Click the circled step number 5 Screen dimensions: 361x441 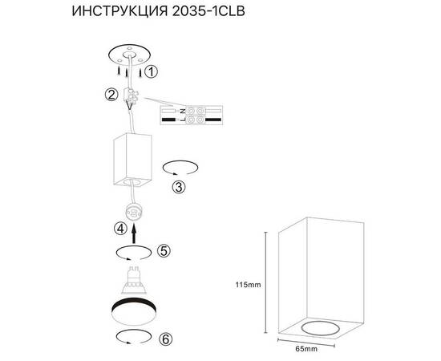coord(164,251)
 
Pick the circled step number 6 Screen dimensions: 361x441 coord(165,339)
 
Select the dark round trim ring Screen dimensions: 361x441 coord(133,309)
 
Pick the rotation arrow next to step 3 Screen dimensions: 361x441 coord(179,168)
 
